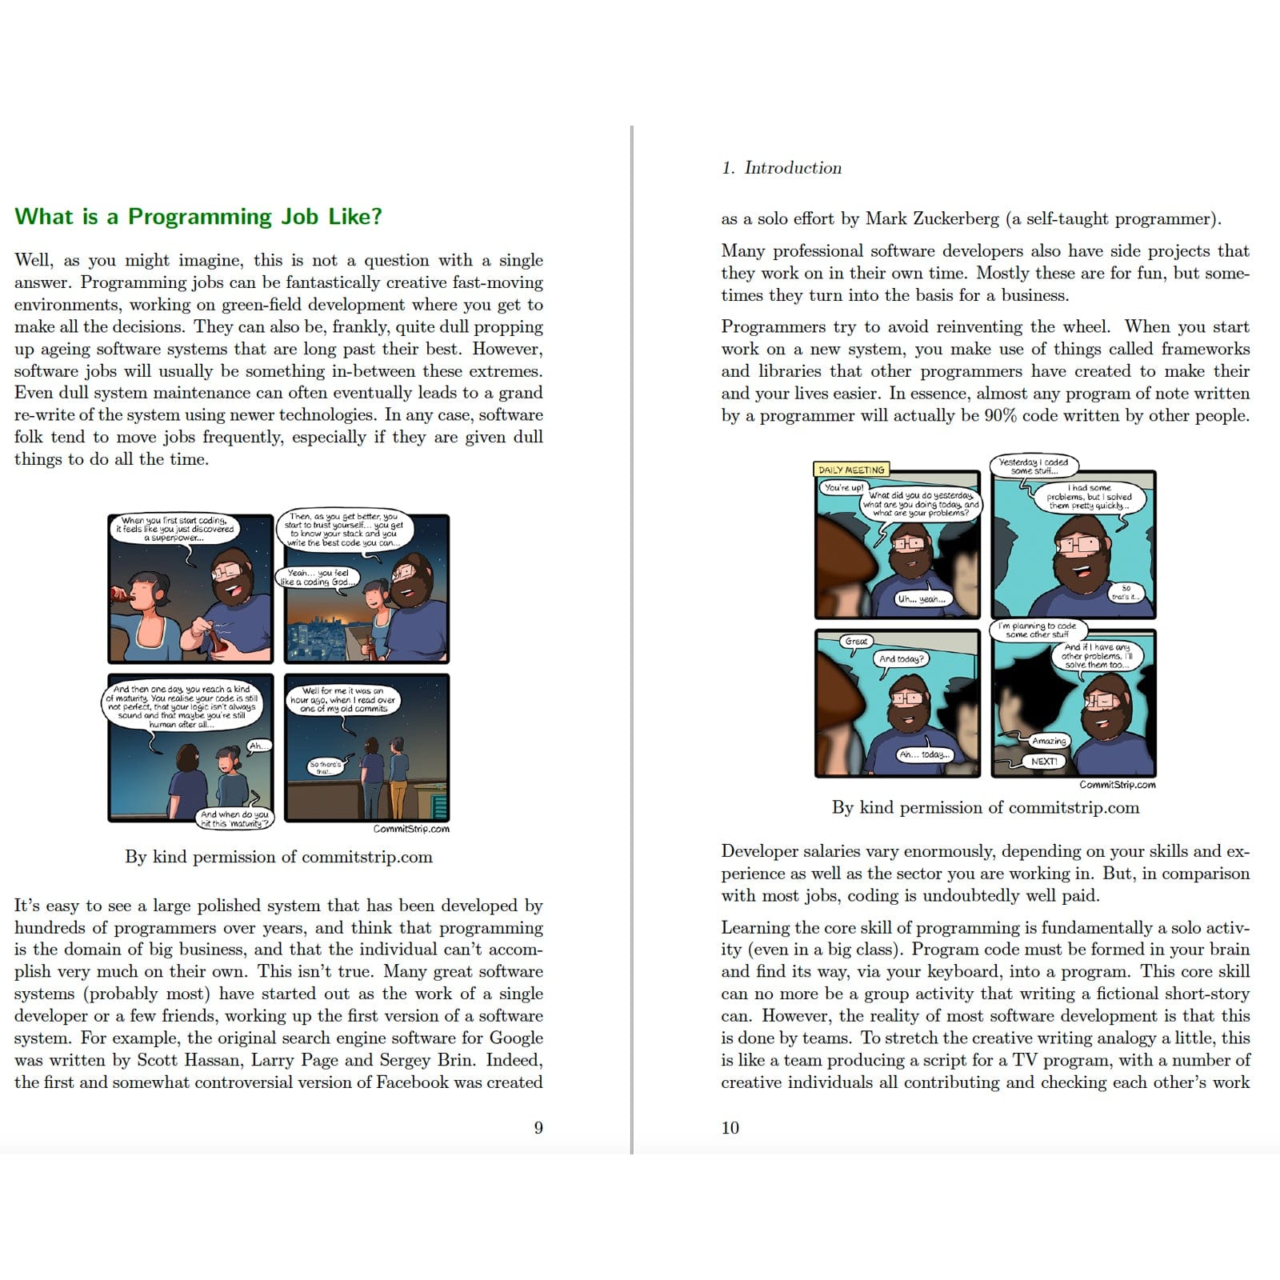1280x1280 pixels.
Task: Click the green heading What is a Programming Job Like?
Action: point(198,217)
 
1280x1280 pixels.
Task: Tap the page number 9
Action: point(538,1127)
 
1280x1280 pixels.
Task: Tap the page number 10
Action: point(730,1127)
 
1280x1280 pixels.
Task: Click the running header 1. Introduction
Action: point(781,168)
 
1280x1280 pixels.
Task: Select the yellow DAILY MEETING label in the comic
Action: point(851,470)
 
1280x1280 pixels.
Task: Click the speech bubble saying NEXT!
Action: point(1043,762)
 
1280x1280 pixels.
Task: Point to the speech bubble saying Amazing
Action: point(1049,741)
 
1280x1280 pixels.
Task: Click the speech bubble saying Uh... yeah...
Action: point(921,598)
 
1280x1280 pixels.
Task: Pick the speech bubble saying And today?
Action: point(901,658)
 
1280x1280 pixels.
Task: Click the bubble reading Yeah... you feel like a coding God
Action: point(318,578)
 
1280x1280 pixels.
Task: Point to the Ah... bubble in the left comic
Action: point(257,746)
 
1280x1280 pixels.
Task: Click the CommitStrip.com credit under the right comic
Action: point(1117,785)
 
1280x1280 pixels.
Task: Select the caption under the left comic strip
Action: point(278,857)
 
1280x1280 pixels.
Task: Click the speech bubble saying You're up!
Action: point(843,487)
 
